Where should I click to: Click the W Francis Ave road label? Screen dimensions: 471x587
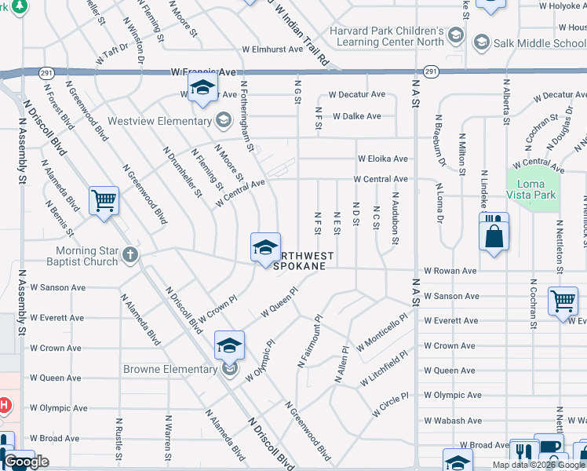pos(203,72)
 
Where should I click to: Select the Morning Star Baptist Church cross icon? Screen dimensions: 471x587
pos(130,254)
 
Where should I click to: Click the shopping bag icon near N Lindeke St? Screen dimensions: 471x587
pos(494,235)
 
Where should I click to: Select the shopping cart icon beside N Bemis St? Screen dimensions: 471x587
pos(104,202)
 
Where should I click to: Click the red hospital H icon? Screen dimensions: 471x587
pos(4,405)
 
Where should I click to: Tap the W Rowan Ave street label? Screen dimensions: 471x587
pos(450,271)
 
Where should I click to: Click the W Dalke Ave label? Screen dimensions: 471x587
pos(356,116)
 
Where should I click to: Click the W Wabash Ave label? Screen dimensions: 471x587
pos(451,421)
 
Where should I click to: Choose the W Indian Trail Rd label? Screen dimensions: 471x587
pos(301,31)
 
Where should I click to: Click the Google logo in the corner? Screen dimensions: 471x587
pos(27,462)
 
